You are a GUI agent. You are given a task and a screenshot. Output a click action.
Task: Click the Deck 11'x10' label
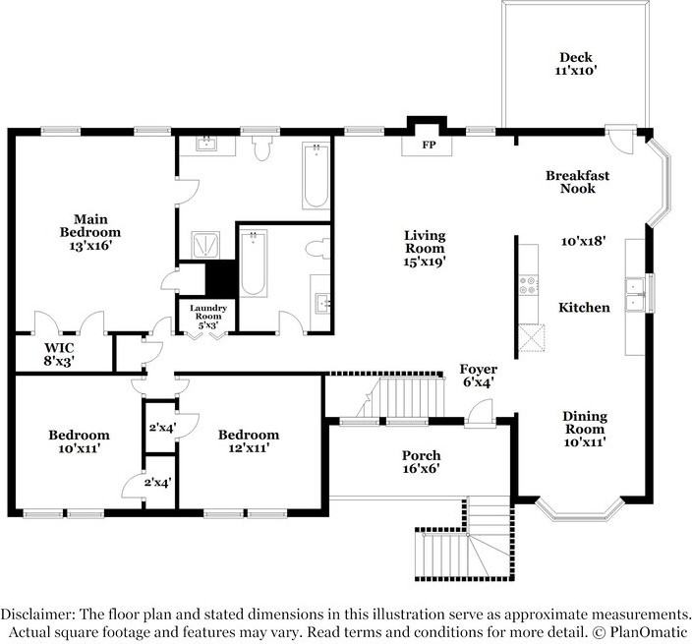point(577,65)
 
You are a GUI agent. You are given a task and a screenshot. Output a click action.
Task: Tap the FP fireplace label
point(428,145)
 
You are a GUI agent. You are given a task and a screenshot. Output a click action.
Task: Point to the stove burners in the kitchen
point(530,285)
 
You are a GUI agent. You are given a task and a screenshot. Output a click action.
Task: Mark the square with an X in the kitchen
point(532,337)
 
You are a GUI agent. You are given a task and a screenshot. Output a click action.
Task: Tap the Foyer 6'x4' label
point(479,376)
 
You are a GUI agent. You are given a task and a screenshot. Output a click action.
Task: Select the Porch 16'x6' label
point(421,462)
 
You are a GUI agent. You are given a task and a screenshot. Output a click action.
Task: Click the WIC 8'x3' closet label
point(59,354)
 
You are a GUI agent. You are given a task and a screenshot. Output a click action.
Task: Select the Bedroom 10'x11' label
point(79,441)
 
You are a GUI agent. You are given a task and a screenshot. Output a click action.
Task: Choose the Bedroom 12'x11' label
point(248,441)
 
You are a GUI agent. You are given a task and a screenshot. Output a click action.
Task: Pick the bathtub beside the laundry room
point(254,263)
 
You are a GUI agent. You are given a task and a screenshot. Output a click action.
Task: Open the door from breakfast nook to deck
point(621,140)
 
